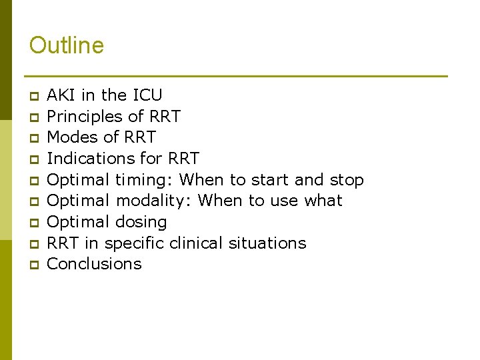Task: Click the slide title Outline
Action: (67, 45)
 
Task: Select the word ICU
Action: (147, 95)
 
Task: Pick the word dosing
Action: (141, 222)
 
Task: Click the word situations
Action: (267, 243)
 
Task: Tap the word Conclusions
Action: (95, 264)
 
